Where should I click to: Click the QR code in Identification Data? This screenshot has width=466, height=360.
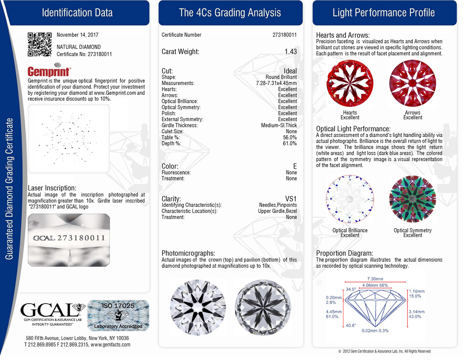click(40, 44)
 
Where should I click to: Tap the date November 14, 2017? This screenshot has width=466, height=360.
click(77, 35)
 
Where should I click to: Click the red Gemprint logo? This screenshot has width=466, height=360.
click(49, 72)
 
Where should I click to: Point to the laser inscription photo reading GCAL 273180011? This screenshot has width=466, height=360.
click(69, 238)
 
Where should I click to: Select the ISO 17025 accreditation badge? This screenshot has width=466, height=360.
click(118, 315)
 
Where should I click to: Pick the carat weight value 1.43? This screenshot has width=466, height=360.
click(290, 52)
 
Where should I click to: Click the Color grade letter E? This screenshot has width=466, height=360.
click(295, 166)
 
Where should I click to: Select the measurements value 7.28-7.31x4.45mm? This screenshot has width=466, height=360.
click(276, 83)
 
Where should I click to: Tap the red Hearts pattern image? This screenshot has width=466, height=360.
click(349, 84)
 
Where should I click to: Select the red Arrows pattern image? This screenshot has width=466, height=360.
click(412, 84)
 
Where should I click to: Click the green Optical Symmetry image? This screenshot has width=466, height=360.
click(412, 199)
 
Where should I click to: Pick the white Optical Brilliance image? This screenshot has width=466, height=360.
click(349, 199)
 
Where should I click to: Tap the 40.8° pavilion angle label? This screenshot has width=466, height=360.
click(350, 326)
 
